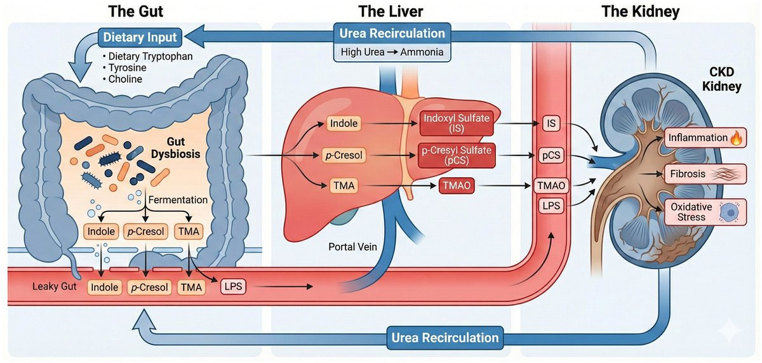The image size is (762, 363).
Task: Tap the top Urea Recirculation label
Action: pos(392,33)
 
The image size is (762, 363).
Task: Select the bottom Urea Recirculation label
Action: pos(445,337)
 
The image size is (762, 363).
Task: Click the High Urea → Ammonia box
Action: pos(392,52)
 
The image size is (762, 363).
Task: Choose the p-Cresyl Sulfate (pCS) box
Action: pos(456,156)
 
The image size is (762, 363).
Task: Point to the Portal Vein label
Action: pos(354,246)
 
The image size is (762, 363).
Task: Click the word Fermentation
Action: pos(178,200)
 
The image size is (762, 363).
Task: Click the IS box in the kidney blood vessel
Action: pos(551,124)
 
